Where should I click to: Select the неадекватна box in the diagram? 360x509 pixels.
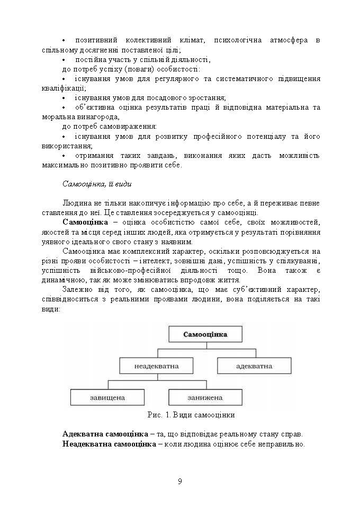pos(156,366)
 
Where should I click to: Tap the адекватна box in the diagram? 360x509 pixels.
pos(254,366)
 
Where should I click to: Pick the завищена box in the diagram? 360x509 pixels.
pos(107,397)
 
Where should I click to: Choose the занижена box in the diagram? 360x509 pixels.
pos(205,397)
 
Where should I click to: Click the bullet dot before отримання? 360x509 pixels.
pos(64,156)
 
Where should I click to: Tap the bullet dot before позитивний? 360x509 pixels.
pos(64,41)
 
